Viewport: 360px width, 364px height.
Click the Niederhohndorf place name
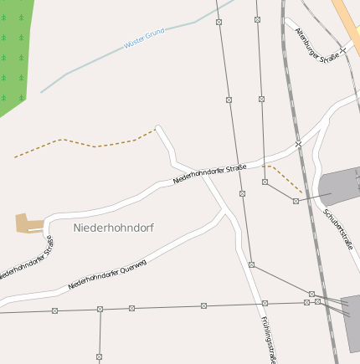click(113, 228)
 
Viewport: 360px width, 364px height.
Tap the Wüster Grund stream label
click(144, 38)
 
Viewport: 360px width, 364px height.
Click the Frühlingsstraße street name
click(268, 339)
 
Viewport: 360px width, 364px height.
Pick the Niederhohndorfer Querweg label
click(107, 274)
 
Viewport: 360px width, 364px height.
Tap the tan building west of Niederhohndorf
click(28, 223)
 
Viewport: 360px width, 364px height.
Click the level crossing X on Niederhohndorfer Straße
click(298, 145)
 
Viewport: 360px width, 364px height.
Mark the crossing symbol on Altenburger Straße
click(343, 51)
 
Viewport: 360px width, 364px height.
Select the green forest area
click(17, 50)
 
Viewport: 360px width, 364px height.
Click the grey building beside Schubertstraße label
click(342, 184)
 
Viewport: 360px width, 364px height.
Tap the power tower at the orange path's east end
click(296, 201)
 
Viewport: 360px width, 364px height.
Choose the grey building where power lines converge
click(352, 322)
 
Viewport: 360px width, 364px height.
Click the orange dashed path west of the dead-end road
click(84, 143)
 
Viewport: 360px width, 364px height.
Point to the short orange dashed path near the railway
click(283, 178)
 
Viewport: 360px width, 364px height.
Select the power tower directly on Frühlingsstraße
click(265, 303)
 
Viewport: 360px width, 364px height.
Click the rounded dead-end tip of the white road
click(158, 129)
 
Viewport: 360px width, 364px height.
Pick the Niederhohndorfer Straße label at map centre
click(209, 175)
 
